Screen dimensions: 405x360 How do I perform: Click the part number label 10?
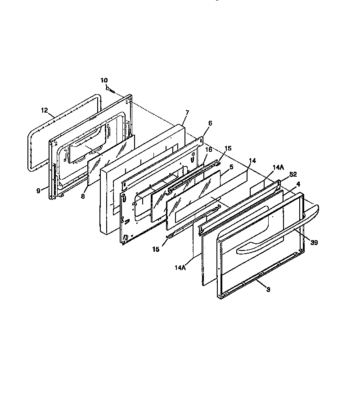[104, 80]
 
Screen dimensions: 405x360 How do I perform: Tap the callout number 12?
[44, 110]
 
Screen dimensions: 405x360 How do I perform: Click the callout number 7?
[187, 112]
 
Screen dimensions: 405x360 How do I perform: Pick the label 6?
[210, 123]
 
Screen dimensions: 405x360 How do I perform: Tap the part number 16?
[209, 150]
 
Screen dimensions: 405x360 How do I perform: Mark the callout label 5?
[231, 167]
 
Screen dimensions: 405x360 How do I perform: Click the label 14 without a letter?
[252, 160]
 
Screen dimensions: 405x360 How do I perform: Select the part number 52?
[293, 174]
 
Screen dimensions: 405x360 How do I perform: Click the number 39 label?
[314, 242]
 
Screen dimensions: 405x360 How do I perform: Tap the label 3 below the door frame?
[268, 289]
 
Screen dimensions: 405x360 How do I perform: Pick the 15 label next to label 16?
[228, 148]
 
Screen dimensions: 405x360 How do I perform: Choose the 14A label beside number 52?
[279, 167]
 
